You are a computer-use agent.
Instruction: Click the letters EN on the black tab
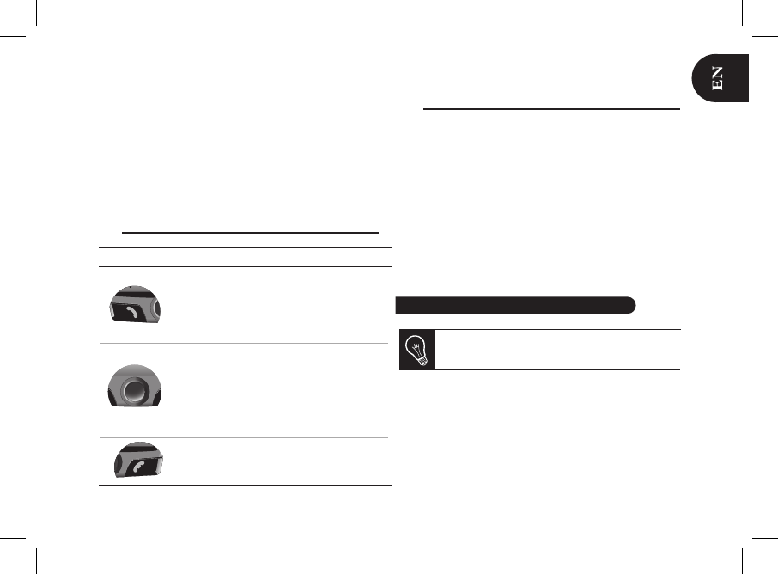718,78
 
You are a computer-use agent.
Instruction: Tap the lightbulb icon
416,350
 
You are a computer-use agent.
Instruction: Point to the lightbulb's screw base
422,361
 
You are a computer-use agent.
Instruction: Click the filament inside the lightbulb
415,344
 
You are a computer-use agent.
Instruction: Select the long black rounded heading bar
515,305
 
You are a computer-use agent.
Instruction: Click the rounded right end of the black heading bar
630,305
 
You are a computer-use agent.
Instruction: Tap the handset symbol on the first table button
131,312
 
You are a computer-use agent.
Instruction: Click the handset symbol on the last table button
138,467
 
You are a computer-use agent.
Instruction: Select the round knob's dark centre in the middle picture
133,390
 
